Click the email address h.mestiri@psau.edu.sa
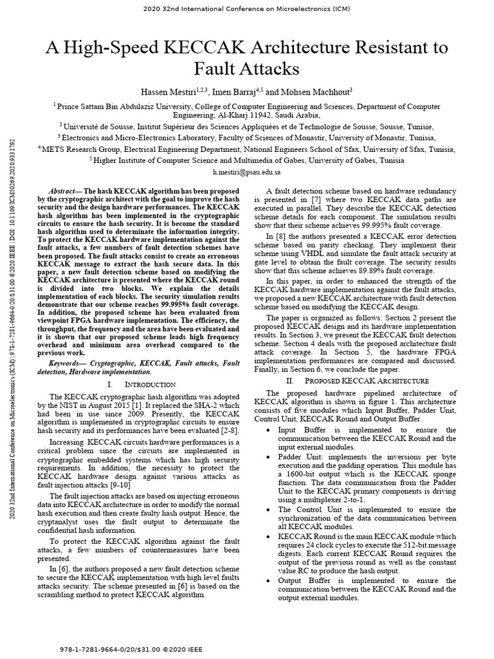246,173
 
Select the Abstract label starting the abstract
62,192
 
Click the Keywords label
68,362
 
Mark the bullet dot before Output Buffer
269,580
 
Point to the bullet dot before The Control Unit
269,509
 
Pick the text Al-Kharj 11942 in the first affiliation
222,115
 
